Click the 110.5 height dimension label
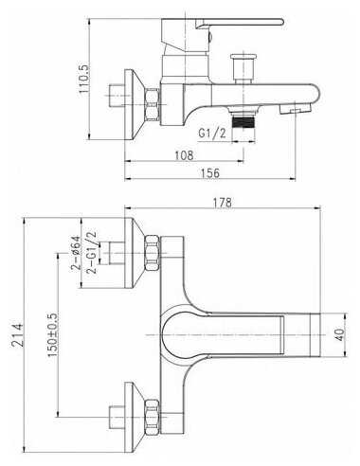pos(84,79)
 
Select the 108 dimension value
pos(184,155)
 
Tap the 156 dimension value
pos(210,173)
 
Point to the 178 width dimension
pos(222,203)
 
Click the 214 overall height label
pos(17,335)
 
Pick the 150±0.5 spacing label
pos(52,335)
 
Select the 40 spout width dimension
pos(339,334)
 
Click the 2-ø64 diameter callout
pos(76,253)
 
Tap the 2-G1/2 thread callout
pos(91,253)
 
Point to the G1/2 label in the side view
pos(212,134)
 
